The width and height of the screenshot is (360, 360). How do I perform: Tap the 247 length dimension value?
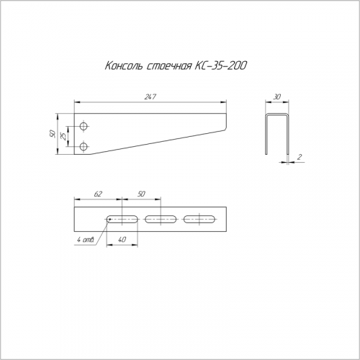[x=150, y=96]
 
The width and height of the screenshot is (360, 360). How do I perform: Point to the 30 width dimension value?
[x=277, y=97]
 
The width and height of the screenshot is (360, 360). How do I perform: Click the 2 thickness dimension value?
[x=300, y=157]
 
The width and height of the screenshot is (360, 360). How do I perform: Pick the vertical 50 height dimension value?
[x=53, y=134]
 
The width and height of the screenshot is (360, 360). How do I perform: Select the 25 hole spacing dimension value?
[x=63, y=136]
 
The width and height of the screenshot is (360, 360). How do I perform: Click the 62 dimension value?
[x=98, y=194]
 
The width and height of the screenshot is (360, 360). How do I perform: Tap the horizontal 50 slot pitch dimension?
[x=142, y=194]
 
